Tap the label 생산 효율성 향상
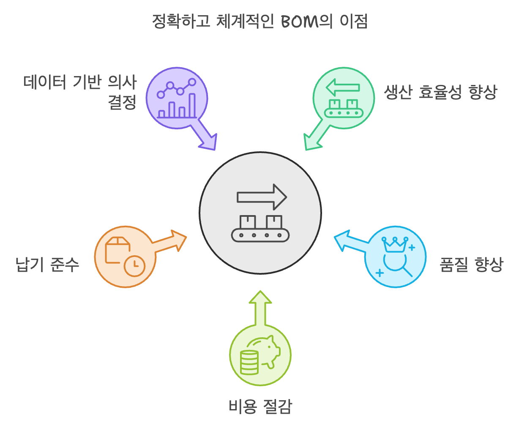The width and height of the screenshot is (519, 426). coord(440,92)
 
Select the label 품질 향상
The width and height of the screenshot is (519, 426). coord(471,265)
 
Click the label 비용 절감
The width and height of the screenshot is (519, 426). coord(260,407)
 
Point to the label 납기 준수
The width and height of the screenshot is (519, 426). coord(47,265)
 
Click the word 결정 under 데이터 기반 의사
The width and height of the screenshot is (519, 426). coord(122,103)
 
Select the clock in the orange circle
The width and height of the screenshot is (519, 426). coord(134,265)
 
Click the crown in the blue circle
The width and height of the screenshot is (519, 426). coord(394,244)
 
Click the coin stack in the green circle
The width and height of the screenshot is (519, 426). coord(249,362)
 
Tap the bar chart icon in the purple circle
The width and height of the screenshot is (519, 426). coord(177,107)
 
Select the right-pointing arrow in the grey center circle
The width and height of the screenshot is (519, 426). coord(262,197)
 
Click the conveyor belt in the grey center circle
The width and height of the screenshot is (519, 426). coord(260,235)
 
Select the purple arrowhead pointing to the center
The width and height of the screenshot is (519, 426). coord(208,142)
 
